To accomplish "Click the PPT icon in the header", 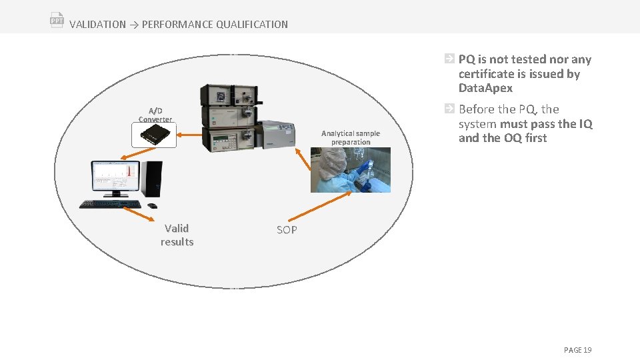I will tap(57, 19).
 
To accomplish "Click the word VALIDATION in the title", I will tap(97, 25).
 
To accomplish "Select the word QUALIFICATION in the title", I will tap(252, 25).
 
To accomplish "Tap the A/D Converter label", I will tap(155, 115).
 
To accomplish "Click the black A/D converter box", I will tap(154, 135).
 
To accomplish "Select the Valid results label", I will tap(177, 235).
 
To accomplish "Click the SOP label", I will tap(287, 230).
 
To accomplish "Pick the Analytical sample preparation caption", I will tap(351, 137).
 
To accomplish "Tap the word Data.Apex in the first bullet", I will tap(485, 88).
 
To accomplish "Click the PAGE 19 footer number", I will tap(577, 350).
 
